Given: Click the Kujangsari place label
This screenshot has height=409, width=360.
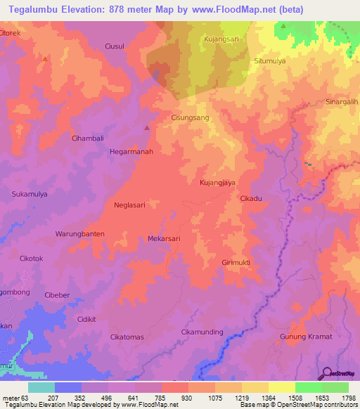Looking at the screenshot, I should (x=221, y=39).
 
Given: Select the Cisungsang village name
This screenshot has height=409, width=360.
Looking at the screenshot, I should (x=191, y=119).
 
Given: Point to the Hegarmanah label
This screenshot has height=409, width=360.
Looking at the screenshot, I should (x=131, y=151).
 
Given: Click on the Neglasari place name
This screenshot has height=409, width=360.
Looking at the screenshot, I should (x=129, y=205).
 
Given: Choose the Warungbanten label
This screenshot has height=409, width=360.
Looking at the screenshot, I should (x=80, y=233).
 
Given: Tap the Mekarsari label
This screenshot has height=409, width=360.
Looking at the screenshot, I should (x=164, y=238).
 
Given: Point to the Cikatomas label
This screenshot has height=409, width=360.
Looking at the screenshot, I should (x=127, y=337).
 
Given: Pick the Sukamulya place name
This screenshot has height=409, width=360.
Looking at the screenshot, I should (x=30, y=193).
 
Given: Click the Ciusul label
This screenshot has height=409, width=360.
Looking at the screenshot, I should (x=114, y=46).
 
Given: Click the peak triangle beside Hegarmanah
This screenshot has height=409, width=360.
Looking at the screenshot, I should (x=146, y=128).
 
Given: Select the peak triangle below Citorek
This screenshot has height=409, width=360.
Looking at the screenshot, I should (x=45, y=59).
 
